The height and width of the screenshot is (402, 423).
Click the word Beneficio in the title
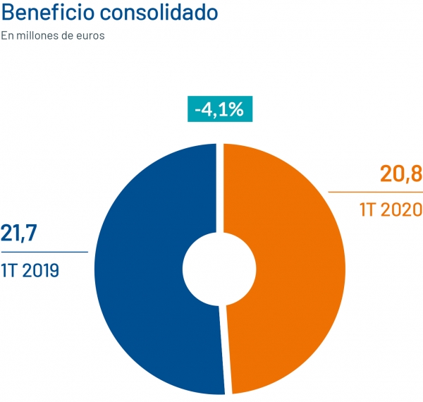(44, 13)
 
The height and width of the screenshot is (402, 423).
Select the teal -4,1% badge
(219, 109)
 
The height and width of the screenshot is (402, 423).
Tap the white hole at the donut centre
(219, 269)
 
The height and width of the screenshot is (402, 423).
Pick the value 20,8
(400, 173)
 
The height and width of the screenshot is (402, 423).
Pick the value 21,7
(19, 233)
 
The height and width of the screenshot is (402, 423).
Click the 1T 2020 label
(390, 209)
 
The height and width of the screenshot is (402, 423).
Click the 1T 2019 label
(30, 269)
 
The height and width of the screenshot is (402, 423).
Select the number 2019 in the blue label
(39, 269)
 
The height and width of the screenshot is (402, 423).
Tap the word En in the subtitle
(7, 35)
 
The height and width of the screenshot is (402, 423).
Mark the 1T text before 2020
(367, 209)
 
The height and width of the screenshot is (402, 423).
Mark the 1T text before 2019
(8, 269)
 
